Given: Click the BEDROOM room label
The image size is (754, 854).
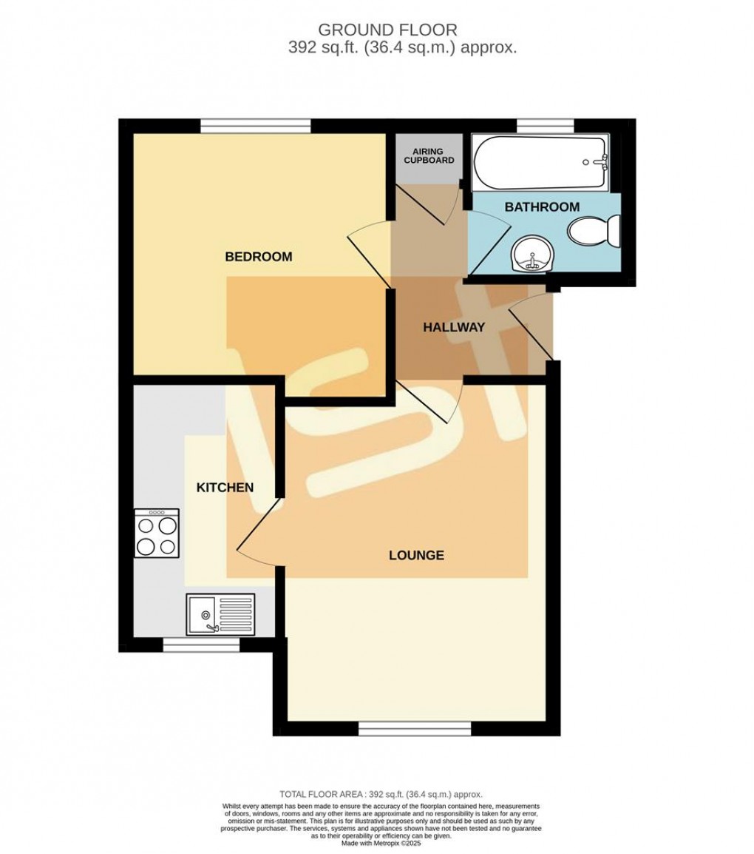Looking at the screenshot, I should (x=258, y=257).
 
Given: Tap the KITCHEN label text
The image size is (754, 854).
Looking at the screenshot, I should (x=225, y=488).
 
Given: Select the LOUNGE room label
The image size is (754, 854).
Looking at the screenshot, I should (x=416, y=555).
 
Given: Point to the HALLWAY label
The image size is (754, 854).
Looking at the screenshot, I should (x=453, y=327).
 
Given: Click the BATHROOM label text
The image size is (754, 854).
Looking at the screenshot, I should (x=542, y=207).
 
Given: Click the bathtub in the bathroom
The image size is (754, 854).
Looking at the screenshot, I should (x=540, y=163).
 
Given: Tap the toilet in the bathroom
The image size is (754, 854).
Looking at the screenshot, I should (x=594, y=232).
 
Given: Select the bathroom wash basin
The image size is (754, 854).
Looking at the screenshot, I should (x=531, y=253).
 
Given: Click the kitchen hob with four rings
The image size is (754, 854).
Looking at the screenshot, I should (x=157, y=533).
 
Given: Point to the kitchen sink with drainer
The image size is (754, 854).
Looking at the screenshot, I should (x=220, y=613).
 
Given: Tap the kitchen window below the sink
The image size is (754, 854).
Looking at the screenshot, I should (x=201, y=645).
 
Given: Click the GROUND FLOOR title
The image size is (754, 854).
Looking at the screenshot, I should (x=387, y=30).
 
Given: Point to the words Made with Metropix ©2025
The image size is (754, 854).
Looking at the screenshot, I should (x=381, y=843).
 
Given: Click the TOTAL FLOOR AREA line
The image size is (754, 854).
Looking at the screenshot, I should (x=381, y=793).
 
